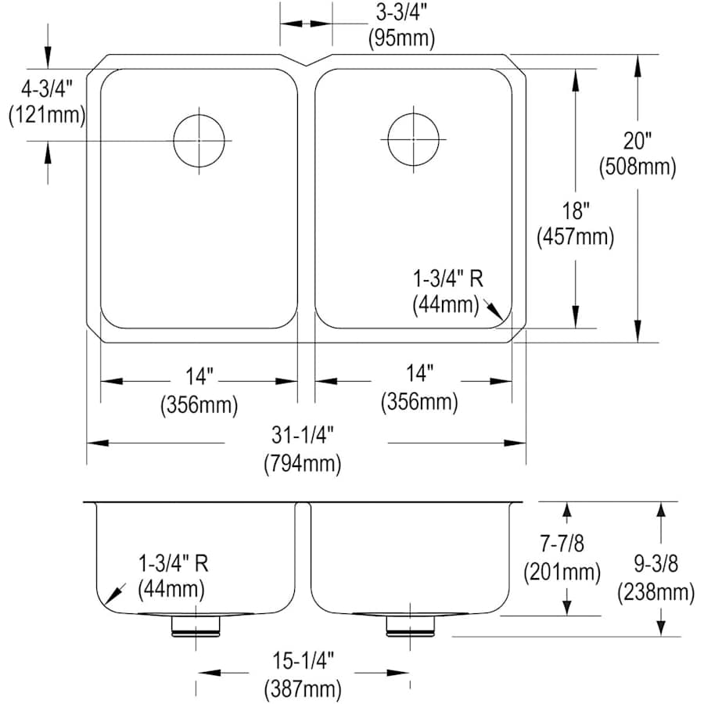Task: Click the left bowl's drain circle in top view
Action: (x=199, y=141)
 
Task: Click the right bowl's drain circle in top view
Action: (x=409, y=140)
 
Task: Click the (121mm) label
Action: (x=45, y=115)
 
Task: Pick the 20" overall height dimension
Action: (x=638, y=142)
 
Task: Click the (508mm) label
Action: (x=638, y=166)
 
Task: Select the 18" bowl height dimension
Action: (x=575, y=210)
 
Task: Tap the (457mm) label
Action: (x=575, y=235)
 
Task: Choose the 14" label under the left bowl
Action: (x=199, y=377)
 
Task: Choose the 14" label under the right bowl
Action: (x=419, y=377)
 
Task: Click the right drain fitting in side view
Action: (x=410, y=624)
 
